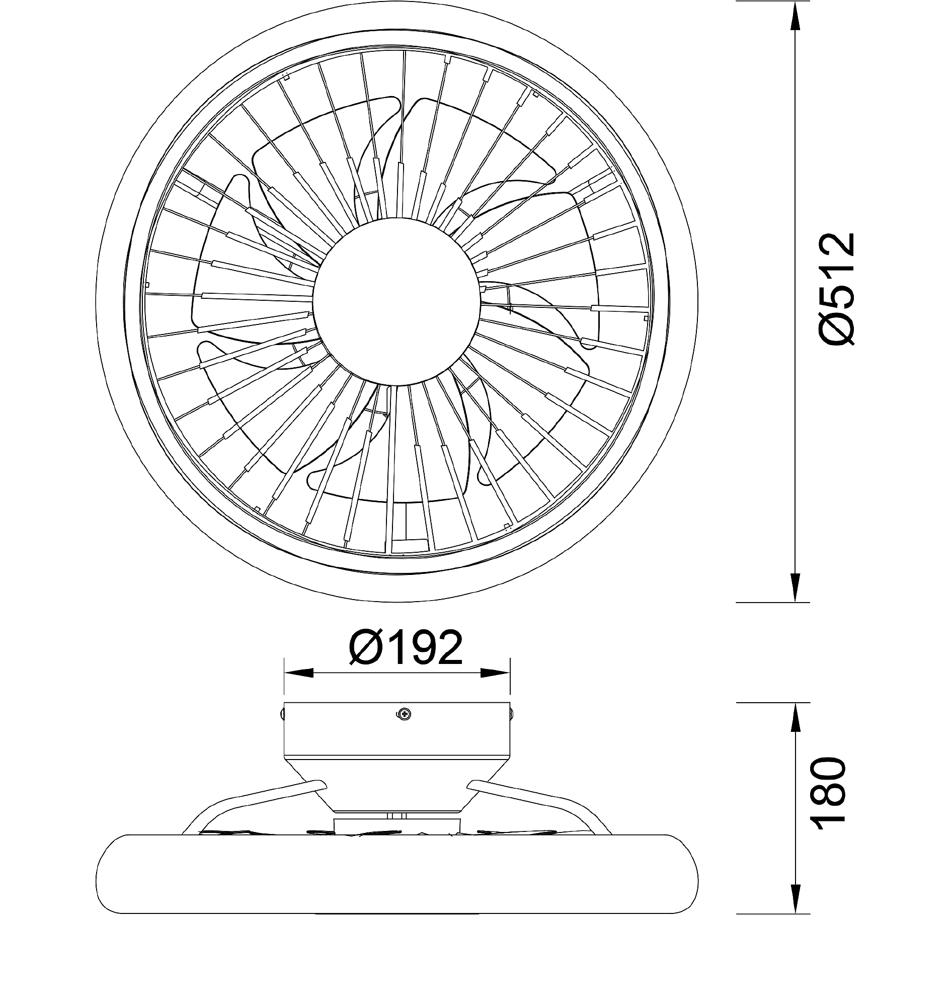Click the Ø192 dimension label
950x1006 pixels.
click(406, 648)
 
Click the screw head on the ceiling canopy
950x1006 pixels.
click(404, 714)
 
